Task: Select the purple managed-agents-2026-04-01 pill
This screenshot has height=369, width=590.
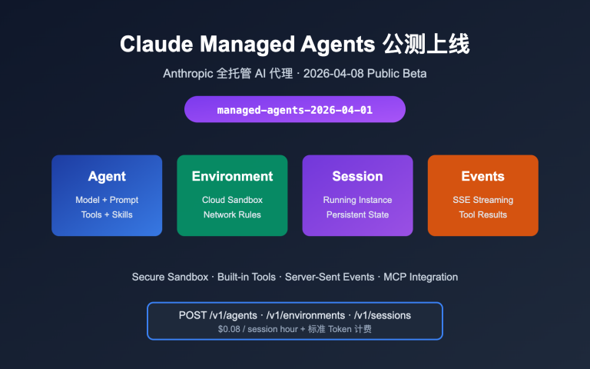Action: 295,110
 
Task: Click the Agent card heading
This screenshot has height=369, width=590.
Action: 107,176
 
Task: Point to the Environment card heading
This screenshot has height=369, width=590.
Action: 232,176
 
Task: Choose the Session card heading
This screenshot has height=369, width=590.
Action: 357,176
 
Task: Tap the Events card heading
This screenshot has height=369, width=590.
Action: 482,176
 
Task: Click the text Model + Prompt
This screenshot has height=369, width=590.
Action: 107,200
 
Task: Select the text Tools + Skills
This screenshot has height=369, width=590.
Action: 107,214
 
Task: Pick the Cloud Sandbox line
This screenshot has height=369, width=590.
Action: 232,200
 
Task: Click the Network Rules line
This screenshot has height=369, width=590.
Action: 232,214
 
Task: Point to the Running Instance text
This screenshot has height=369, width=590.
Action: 357,200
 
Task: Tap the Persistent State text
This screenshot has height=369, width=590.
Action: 357,214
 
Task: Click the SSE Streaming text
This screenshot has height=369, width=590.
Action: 482,200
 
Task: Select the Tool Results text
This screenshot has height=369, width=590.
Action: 482,214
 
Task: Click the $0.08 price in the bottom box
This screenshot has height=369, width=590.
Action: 230,329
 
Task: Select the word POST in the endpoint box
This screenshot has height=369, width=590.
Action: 192,315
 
